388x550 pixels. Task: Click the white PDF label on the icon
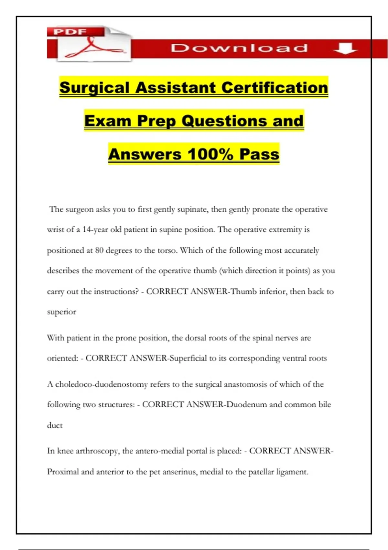(70, 32)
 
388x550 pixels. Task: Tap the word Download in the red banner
(239, 48)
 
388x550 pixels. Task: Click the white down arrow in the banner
(345, 48)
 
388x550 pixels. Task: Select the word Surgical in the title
(94, 88)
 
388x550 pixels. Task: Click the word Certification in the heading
(275, 88)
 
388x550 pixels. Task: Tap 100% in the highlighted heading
(210, 154)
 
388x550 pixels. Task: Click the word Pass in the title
(259, 154)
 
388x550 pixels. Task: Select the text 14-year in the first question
(95, 230)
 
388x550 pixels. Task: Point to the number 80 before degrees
(99, 250)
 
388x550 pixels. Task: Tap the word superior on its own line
(61, 312)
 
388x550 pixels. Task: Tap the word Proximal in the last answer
(63, 472)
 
